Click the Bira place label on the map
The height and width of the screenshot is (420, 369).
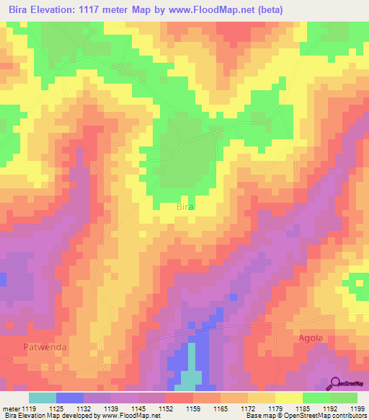point(185,206)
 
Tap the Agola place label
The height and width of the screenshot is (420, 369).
point(311,338)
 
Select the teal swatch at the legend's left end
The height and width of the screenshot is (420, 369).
point(43,398)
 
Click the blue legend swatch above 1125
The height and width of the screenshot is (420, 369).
point(70,398)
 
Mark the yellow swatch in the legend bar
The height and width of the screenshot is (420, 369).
point(289,398)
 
